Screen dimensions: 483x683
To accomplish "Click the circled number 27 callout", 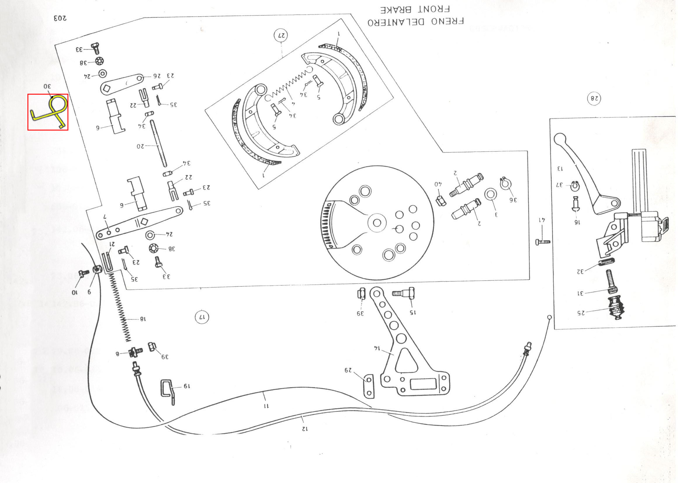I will pyautogui.click(x=281, y=35).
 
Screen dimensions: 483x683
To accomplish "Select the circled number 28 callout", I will pyautogui.click(x=594, y=98).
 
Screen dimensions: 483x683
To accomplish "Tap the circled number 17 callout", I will pyautogui.click(x=202, y=317).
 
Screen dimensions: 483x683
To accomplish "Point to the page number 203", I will pyautogui.click(x=60, y=18).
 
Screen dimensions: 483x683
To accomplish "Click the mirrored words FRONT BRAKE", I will pyautogui.click(x=415, y=10).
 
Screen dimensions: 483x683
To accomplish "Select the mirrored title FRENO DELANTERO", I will pyautogui.click(x=416, y=22).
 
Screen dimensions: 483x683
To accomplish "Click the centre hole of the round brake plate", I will pyautogui.click(x=377, y=223).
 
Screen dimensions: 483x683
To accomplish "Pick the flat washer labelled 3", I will pyautogui.click(x=490, y=194).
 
